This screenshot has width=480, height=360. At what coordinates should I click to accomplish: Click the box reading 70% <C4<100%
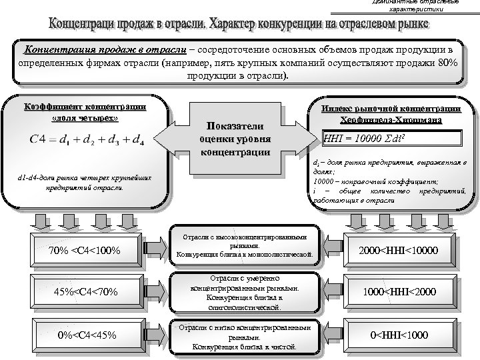pyautogui.click(x=85, y=251)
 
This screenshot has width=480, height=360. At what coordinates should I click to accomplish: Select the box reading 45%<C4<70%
pyautogui.click(x=85, y=291)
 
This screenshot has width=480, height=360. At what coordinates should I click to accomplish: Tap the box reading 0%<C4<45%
pyautogui.click(x=85, y=334)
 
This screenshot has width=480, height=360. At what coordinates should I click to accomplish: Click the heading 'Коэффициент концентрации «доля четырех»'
pyautogui.click(x=85, y=113)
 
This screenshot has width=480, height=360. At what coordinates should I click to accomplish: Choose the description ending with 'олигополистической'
pyautogui.click(x=243, y=292)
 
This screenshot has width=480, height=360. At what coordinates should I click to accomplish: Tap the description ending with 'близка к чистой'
pyautogui.click(x=243, y=337)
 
